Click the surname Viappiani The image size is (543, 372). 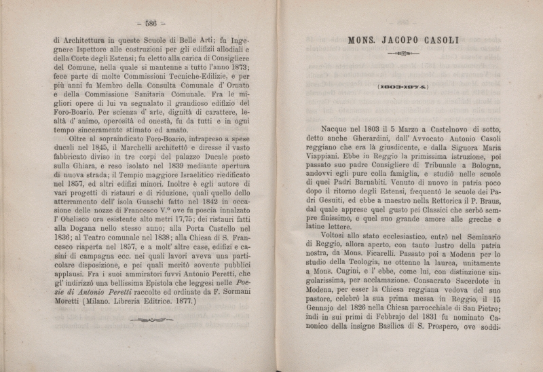pos(329,154)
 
